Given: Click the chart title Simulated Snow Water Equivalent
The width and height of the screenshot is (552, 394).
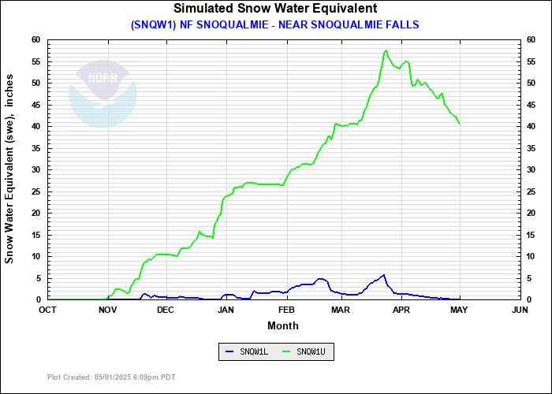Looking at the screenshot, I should (x=275, y=9).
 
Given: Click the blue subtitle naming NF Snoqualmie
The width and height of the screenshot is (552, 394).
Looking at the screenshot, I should (x=275, y=24).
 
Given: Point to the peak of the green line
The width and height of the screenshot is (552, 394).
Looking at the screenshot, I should (x=386, y=50).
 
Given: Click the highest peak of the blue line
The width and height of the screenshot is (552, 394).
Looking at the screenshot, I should (x=384, y=275).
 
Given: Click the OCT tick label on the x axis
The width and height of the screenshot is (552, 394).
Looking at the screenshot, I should (x=47, y=310).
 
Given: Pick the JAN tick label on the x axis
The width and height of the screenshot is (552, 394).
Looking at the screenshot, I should (x=226, y=310).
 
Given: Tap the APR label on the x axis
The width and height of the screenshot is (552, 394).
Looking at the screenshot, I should (x=401, y=310).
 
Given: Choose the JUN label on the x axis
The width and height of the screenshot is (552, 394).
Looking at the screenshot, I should (x=520, y=310).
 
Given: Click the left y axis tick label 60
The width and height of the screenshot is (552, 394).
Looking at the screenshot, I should (x=35, y=39).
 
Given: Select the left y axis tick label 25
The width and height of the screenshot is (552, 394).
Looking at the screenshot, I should (x=35, y=191).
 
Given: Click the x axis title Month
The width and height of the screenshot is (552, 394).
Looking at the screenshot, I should (x=283, y=325).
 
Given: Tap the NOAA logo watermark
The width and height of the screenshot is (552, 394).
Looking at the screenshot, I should (x=103, y=91).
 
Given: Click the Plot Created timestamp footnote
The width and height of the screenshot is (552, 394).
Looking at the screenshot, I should (x=111, y=377).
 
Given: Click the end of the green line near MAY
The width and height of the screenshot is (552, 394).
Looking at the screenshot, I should (x=460, y=124).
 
